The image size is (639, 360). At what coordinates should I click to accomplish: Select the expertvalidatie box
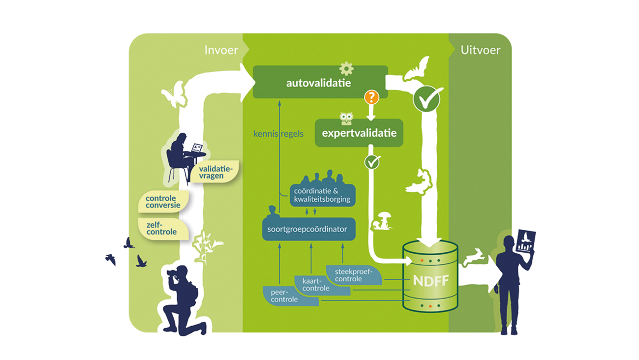[359, 133]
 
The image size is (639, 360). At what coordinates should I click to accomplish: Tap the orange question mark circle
[371, 97]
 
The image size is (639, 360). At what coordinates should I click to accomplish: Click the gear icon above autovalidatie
[346, 68]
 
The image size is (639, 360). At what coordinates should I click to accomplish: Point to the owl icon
[346, 119]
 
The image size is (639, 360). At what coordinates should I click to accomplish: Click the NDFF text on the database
[430, 281]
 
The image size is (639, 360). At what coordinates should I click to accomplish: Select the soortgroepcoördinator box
[308, 229]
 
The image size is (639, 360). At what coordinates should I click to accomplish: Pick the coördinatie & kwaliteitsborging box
[323, 195]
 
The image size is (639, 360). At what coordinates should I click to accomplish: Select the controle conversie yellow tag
[164, 202]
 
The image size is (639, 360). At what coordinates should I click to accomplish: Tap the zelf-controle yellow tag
[162, 228]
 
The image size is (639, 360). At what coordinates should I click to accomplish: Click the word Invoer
[221, 50]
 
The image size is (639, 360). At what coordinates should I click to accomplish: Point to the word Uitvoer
[480, 50]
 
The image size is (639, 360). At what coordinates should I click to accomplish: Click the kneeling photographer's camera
[173, 272]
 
